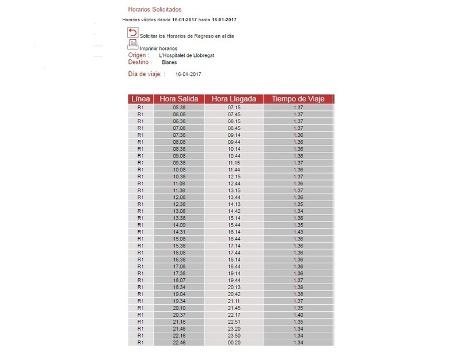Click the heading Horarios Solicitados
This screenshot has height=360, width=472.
(154, 10)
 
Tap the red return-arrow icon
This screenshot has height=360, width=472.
(133, 33)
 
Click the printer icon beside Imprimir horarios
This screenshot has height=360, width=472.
(132, 45)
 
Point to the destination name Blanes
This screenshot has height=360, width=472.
(169, 62)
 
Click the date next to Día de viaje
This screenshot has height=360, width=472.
(188, 74)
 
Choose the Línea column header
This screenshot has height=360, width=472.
(140, 99)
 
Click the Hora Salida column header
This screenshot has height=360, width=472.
(179, 99)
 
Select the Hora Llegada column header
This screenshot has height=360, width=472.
(234, 99)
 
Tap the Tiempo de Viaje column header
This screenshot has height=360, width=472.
(298, 99)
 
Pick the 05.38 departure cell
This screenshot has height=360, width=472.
(179, 108)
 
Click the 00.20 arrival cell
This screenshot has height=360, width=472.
(234, 342)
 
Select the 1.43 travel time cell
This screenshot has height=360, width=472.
(298, 232)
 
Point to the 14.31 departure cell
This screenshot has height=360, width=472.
(179, 232)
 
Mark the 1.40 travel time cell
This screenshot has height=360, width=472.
(298, 315)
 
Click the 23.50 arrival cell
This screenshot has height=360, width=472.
(234, 335)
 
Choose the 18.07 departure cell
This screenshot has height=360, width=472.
(179, 280)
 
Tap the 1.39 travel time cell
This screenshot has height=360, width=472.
(298, 287)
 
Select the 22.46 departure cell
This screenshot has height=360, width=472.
(179, 342)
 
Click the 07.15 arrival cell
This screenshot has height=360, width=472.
(234, 108)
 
